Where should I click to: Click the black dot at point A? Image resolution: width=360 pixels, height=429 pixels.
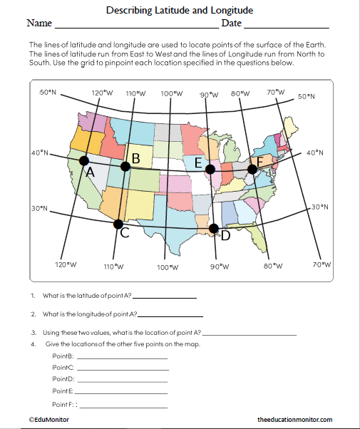pyautogui.click(x=84, y=161)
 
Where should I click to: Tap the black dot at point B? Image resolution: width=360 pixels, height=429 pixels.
pyautogui.click(x=125, y=166)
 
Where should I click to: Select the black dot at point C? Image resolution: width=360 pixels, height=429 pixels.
pyautogui.click(x=118, y=224)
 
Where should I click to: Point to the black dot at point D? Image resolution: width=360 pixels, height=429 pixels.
pyautogui.click(x=214, y=228)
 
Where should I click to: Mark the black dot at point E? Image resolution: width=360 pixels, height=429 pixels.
pyautogui.click(x=210, y=170)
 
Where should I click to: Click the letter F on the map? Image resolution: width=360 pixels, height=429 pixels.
pyautogui.click(x=260, y=163)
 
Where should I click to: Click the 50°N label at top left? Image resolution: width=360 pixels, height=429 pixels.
pyautogui.click(x=47, y=93)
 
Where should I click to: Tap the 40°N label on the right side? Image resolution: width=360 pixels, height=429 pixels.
pyautogui.click(x=314, y=153)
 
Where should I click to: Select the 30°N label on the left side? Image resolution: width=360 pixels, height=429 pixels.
pyautogui.click(x=38, y=209)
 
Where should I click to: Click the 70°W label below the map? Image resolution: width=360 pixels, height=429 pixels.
pyautogui.click(x=322, y=265)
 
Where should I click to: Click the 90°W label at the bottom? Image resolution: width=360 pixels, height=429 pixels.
pyautogui.click(x=220, y=266)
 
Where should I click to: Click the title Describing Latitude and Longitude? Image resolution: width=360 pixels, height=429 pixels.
pyautogui.click(x=180, y=11)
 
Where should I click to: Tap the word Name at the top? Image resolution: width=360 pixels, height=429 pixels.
pyautogui.click(x=39, y=24)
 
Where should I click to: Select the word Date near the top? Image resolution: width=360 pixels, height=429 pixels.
pyautogui.click(x=232, y=24)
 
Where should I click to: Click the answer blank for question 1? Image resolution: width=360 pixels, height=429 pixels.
pyautogui.click(x=164, y=296)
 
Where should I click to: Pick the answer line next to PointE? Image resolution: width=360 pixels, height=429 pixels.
pyautogui.click(x=122, y=392)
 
